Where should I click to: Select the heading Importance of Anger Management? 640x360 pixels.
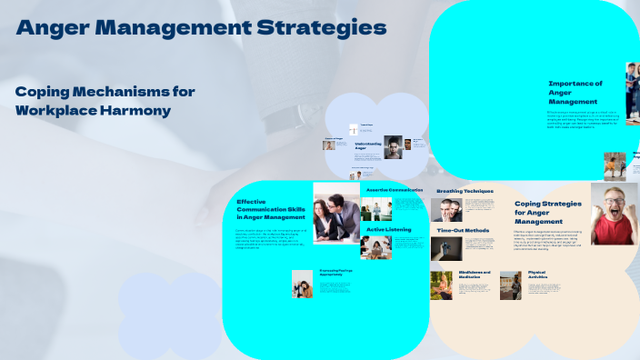click(x=574, y=93)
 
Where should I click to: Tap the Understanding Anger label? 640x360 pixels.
click(x=367, y=145)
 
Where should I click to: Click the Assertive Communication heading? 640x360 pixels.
click(x=394, y=190)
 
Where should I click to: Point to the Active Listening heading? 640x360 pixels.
click(x=389, y=230)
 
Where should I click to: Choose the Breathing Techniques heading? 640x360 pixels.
click(x=465, y=191)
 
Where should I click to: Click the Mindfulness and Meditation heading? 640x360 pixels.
click(x=475, y=274)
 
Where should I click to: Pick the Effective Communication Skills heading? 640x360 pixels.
click(x=270, y=209)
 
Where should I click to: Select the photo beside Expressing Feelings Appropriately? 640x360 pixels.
click(x=302, y=284)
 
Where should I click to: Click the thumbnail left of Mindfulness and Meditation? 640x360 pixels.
click(x=442, y=285)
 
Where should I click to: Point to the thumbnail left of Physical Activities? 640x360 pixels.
click(x=510, y=285)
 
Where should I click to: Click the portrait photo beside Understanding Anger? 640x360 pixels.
click(x=393, y=147)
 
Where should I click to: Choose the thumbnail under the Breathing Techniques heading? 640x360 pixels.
click(x=445, y=210)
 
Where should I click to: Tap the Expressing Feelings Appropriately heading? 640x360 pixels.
click(x=335, y=273)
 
